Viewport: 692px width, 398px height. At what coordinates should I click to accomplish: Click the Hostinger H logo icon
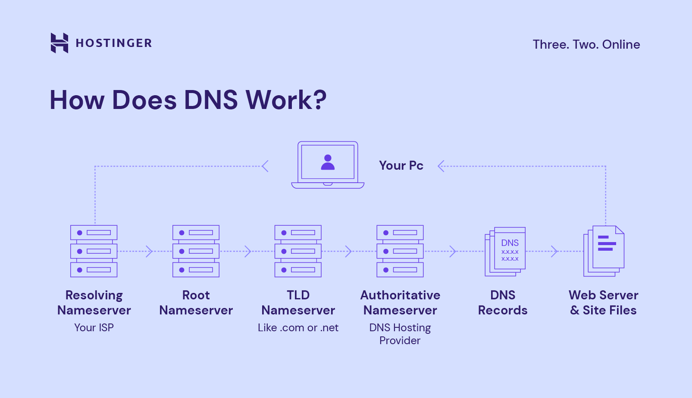pos(59,43)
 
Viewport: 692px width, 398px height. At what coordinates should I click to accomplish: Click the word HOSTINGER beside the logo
pos(113,43)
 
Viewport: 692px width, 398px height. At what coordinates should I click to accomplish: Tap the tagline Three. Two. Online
pos(586,44)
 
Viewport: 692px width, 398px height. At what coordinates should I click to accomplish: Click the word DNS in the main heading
pos(210,100)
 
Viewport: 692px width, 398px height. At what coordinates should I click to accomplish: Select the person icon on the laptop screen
pos(328,162)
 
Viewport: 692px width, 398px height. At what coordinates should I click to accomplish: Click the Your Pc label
pos(401,165)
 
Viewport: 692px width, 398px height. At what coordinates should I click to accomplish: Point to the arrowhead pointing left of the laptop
pos(265,166)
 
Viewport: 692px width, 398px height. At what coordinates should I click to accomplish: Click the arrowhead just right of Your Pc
pos(441,166)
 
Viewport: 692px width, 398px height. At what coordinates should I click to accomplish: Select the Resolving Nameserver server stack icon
pos(94,251)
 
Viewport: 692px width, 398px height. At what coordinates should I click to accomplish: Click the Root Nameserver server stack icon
pos(196,251)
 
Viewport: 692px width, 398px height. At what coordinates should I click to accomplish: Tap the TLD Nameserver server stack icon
pos(298,251)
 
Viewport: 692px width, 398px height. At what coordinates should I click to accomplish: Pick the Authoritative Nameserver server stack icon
pos(400,251)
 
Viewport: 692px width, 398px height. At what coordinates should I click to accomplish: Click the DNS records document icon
pos(506,251)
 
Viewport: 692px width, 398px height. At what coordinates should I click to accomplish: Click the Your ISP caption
pos(94,327)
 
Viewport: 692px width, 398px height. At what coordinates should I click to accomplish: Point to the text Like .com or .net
pos(298,327)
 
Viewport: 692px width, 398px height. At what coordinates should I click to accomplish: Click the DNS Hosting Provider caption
pos(400,334)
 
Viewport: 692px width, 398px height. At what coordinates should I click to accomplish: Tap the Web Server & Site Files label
pos(603,302)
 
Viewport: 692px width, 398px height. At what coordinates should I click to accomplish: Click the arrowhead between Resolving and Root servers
pos(149,251)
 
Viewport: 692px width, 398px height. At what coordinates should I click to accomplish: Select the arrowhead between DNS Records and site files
pos(554,251)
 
